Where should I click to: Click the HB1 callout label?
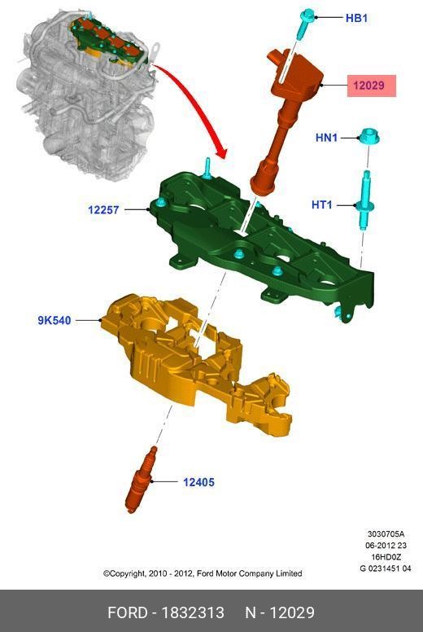pos(356,17)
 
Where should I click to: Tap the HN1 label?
pos(326,138)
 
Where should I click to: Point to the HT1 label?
pos(322,204)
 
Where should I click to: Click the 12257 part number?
pos(104,210)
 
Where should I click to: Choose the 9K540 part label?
pos(55,320)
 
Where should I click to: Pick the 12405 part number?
pos(198,482)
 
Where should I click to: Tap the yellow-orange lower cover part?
pos(195,358)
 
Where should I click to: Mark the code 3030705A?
pos(386,535)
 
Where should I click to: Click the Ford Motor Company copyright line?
pos(203,573)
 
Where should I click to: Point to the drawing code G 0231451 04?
pos(385,568)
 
